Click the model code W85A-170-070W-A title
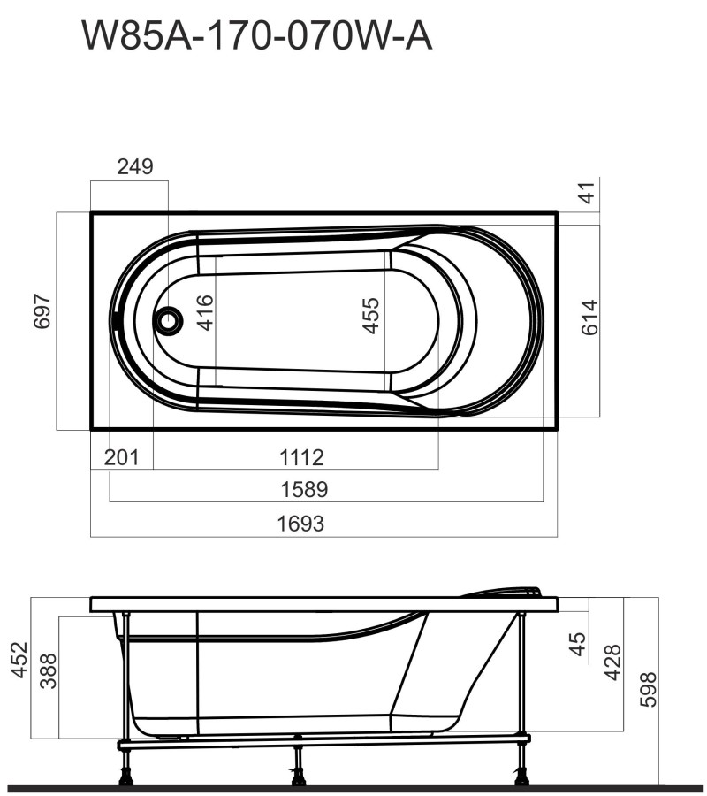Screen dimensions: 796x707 (x=256, y=36)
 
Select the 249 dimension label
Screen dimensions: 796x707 (x=135, y=166)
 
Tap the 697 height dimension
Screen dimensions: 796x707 (x=43, y=312)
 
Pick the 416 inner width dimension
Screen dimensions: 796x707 (x=205, y=313)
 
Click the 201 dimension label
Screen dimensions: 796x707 (x=121, y=457)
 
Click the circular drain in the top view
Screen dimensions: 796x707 (x=167, y=320)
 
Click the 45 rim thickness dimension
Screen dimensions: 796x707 (x=577, y=643)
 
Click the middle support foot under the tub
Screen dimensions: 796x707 (x=298, y=772)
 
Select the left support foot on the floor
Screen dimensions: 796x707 (x=125, y=772)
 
